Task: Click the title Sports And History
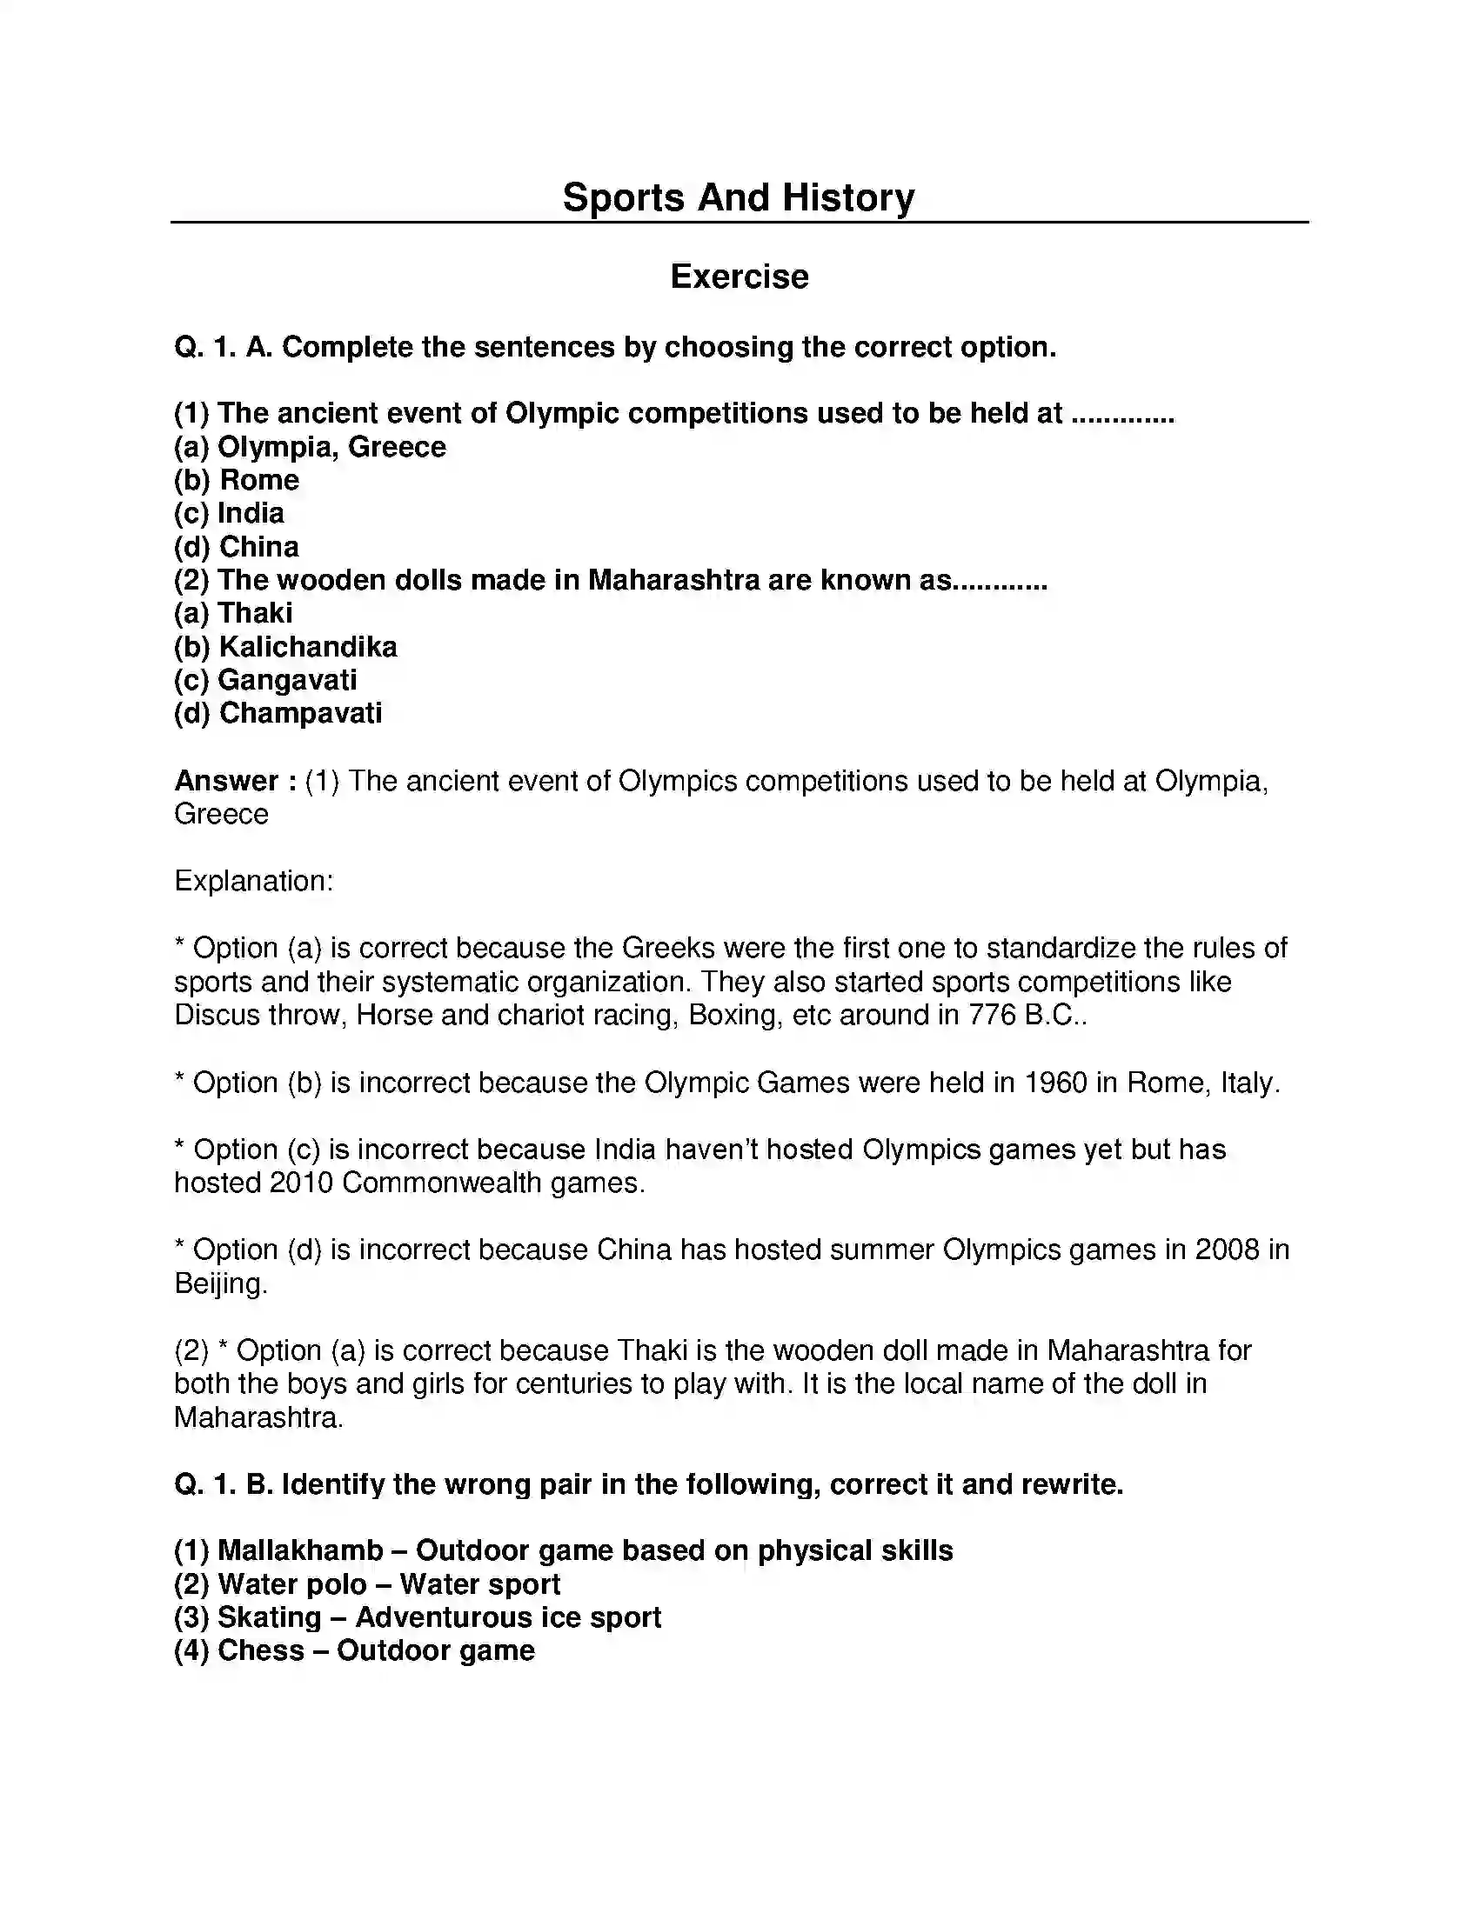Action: (738, 197)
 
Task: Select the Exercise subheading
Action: (739, 277)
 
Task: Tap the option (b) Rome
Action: (237, 480)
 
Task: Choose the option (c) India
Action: (229, 513)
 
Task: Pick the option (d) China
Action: (237, 547)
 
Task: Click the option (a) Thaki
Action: (233, 613)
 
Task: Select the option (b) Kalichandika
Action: (285, 646)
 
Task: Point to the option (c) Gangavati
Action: (265, 680)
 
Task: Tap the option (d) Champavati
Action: (278, 713)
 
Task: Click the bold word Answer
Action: (226, 781)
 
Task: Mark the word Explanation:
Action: (253, 881)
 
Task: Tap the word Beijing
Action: (220, 1284)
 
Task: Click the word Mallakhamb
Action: (300, 1550)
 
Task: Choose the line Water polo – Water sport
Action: (367, 1583)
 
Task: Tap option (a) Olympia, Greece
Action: (311, 447)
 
